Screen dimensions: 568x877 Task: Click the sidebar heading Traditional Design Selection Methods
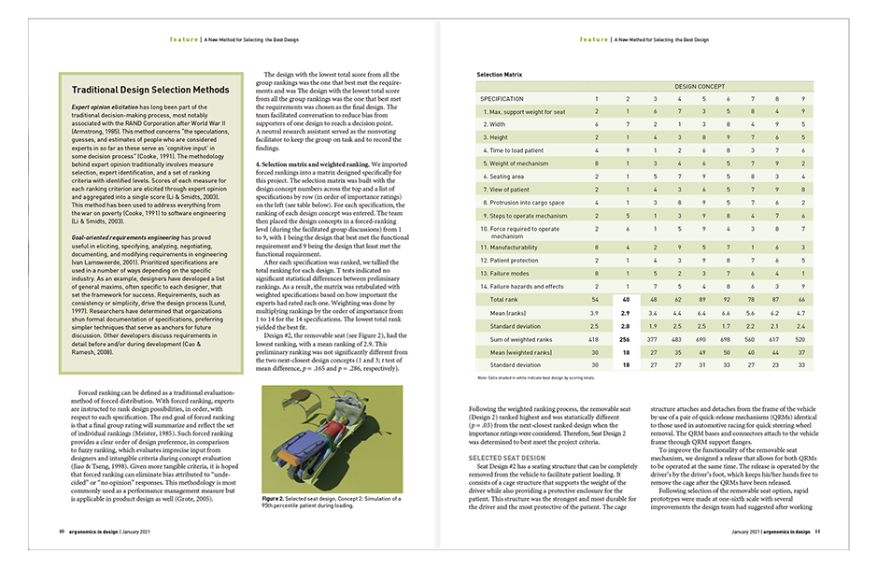pyautogui.click(x=150, y=91)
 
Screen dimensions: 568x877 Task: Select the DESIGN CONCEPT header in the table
pyautogui.click(x=700, y=85)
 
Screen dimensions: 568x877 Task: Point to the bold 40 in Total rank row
pyautogui.click(x=626, y=300)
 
